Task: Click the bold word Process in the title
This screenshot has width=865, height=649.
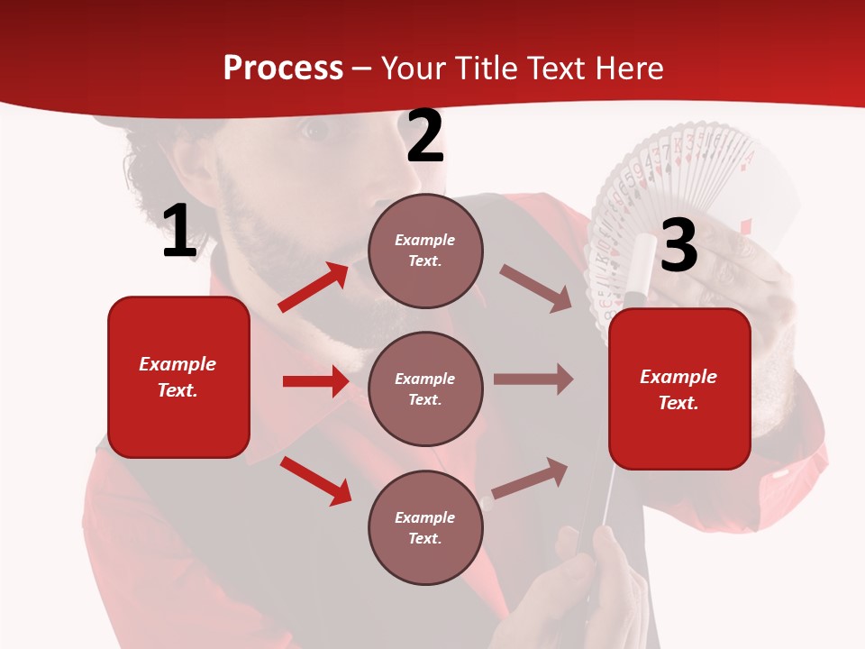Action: pos(283,69)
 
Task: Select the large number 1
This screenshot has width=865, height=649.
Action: pos(179,232)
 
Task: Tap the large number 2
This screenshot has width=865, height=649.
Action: pos(425,137)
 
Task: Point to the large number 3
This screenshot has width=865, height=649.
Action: pos(678,245)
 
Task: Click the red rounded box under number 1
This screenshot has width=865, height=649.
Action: pos(178,377)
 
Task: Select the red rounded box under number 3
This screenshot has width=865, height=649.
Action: pos(679,389)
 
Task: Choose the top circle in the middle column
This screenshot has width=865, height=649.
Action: pos(425,251)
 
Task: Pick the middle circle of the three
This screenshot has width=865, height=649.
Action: pos(425,388)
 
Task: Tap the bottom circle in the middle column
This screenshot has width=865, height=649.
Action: pos(425,527)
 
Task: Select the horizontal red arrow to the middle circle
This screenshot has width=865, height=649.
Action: pos(315,381)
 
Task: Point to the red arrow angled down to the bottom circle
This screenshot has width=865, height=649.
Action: pos(315,480)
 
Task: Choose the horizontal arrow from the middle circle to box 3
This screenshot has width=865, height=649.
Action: pos(533,379)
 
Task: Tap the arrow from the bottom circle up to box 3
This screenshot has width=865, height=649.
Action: pos(530,478)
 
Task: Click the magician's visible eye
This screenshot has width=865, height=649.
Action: pos(314,131)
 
